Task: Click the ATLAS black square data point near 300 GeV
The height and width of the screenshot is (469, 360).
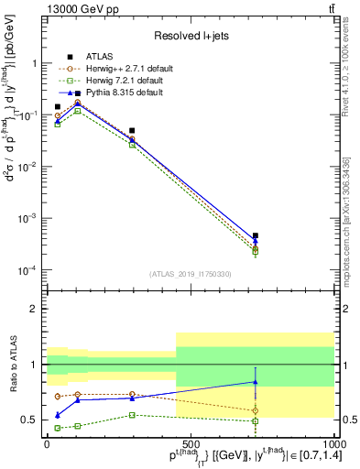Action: pyautogui.click(x=133, y=131)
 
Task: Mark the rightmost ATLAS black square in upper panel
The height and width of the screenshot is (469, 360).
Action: pyautogui.click(x=256, y=235)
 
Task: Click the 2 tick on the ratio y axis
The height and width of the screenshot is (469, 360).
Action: pyautogui.click(x=36, y=309)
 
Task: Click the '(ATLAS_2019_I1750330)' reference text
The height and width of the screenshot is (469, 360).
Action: pyautogui.click(x=190, y=274)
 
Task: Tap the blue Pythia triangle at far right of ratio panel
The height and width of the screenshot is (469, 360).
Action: pyautogui.click(x=256, y=382)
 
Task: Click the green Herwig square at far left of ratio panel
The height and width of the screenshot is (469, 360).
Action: pyautogui.click(x=57, y=428)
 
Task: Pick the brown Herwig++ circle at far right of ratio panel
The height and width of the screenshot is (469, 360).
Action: pyautogui.click(x=256, y=410)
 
